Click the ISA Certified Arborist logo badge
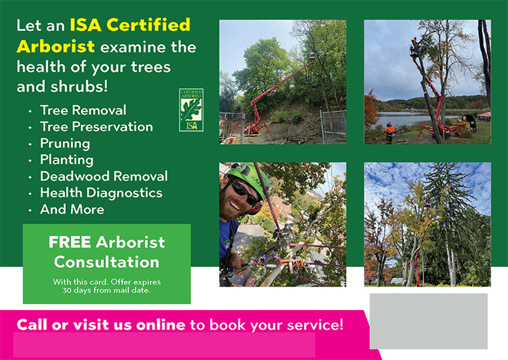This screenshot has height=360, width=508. [191, 110]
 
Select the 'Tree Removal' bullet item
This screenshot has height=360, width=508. [83, 110]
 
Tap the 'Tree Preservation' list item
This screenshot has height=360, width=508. [97, 127]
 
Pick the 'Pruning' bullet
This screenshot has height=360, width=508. [65, 143]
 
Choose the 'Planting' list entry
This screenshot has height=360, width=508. [67, 160]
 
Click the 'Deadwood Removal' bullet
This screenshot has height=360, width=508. [104, 176]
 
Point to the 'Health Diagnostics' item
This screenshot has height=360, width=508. [101, 193]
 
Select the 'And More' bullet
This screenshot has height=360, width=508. [72, 210]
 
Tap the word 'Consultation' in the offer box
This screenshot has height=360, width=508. [107, 261]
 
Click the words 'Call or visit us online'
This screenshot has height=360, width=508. [101, 324]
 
